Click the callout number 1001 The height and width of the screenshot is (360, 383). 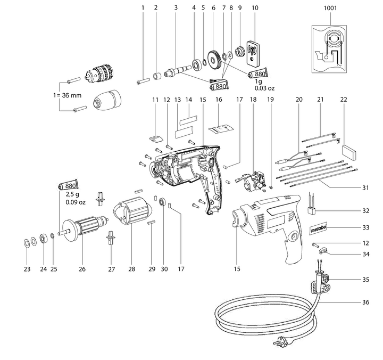point(330,8)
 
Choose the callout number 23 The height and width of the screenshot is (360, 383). point(27,269)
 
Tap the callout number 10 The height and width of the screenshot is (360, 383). point(255,8)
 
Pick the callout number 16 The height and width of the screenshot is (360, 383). point(218,100)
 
